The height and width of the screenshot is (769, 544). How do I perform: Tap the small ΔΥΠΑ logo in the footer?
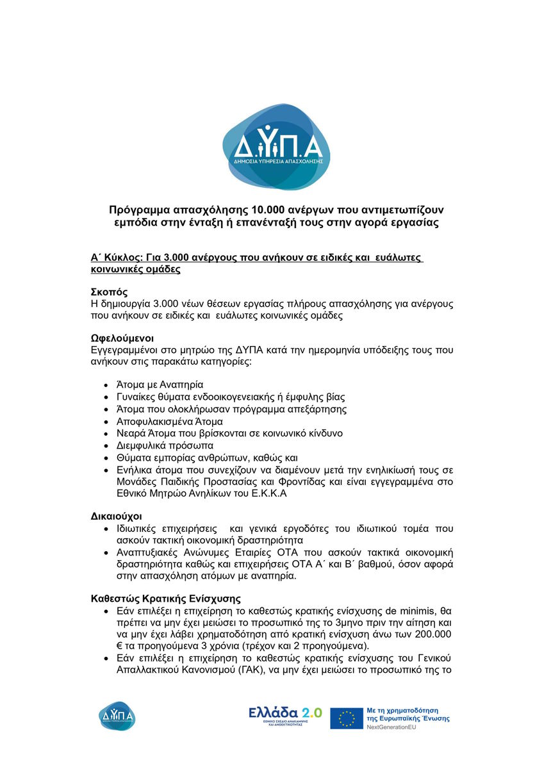117,716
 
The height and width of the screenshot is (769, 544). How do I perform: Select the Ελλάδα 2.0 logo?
285,716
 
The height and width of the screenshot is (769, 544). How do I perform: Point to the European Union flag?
347,718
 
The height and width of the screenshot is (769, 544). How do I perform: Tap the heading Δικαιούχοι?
116,516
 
